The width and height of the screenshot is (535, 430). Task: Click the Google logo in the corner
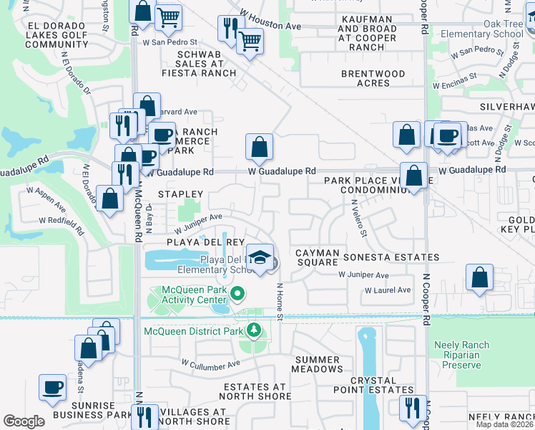point(24,421)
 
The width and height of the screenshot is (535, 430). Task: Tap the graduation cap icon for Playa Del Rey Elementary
point(261,259)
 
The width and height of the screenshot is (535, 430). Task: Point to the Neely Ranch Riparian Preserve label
point(462,355)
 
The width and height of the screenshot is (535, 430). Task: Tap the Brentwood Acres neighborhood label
point(373,78)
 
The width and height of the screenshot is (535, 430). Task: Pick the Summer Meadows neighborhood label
point(318,364)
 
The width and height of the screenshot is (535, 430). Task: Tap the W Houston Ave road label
point(271,24)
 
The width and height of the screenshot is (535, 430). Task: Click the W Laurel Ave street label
point(388,290)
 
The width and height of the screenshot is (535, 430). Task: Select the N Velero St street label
point(359,219)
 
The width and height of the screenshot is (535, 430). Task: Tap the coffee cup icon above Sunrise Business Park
point(53,388)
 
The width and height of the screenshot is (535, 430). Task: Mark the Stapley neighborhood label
point(180,194)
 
